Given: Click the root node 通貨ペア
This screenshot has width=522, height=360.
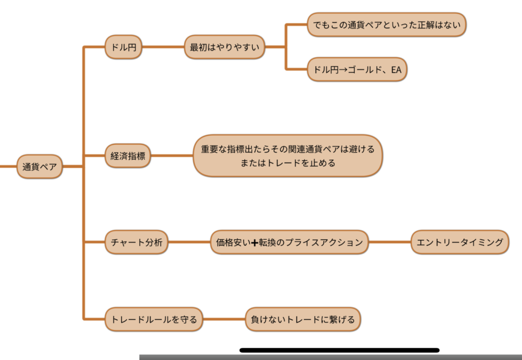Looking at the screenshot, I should point(40,166).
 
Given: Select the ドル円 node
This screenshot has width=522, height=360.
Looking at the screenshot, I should point(123,47).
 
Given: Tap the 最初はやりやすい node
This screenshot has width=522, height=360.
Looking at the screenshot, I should point(225,47).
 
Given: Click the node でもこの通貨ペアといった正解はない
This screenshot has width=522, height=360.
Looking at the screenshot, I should point(387,24).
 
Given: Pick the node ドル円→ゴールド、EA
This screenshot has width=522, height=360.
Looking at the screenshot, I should point(357,70).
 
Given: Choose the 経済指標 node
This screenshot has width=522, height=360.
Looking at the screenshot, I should point(128,156).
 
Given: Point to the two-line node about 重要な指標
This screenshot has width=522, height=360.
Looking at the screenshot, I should point(288,156).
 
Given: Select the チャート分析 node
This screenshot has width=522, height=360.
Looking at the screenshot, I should point(136,242).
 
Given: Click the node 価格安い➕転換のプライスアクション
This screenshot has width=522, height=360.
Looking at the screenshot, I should point(289,242).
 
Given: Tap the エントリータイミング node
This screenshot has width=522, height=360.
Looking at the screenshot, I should point(460,242).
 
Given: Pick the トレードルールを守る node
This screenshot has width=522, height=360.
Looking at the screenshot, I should point(153,319).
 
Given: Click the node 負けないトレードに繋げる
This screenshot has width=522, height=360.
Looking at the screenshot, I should point(303,319).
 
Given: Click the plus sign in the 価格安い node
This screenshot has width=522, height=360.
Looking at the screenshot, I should point(255,243).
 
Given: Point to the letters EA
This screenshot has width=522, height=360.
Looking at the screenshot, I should point(396,70).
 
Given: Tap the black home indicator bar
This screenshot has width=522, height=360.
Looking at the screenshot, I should point(340,350).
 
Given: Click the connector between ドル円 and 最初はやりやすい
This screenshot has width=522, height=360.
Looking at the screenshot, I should point(163,47).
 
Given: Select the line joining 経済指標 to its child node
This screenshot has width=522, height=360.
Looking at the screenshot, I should point(172,156).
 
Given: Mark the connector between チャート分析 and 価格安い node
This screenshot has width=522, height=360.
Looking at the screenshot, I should point(189,242).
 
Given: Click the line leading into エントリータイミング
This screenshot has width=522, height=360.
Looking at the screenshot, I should point(390,242).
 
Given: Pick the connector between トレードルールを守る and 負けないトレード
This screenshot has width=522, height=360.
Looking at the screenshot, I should point(224,319).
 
